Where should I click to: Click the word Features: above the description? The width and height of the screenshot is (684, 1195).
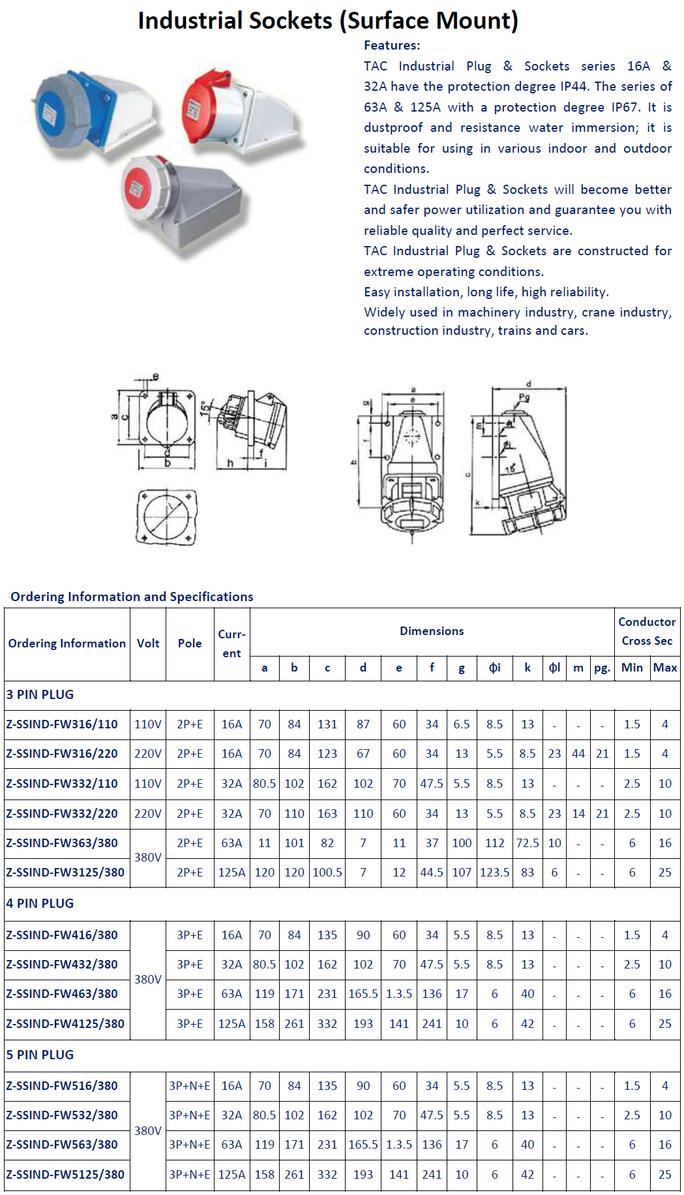pyautogui.click(x=392, y=45)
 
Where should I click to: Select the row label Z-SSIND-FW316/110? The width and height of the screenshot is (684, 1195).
pyautogui.click(x=62, y=724)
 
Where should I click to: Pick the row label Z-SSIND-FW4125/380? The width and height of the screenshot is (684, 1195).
pyautogui.click(x=65, y=1023)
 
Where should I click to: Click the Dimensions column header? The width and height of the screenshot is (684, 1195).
pyautogui.click(x=432, y=631)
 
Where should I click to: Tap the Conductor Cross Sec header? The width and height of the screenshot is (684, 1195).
pyautogui.click(x=647, y=631)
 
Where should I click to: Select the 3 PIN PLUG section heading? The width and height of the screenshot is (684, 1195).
pyautogui.click(x=40, y=694)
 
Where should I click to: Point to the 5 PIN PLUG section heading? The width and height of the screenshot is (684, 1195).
pyautogui.click(x=40, y=1055)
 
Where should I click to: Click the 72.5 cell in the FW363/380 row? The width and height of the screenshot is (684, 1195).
pyautogui.click(x=528, y=843)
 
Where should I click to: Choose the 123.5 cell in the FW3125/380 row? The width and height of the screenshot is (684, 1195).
pyautogui.click(x=494, y=872)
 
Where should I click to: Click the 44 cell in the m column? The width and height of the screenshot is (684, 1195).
pyautogui.click(x=578, y=753)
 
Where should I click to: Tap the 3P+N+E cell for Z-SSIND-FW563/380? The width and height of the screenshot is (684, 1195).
pyautogui.click(x=190, y=1144)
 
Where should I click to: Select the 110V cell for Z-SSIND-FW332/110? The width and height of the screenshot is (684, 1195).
pyautogui.click(x=148, y=783)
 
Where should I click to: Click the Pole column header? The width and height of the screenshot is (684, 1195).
pyautogui.click(x=190, y=643)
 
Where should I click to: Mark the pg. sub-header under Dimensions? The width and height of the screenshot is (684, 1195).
pyautogui.click(x=602, y=668)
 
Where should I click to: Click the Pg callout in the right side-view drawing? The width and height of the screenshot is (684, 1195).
pyautogui.click(x=524, y=397)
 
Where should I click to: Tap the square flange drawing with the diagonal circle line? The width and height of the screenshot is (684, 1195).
pyautogui.click(x=167, y=517)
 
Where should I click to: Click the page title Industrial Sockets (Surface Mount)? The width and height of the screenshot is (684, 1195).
pyautogui.click(x=328, y=21)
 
